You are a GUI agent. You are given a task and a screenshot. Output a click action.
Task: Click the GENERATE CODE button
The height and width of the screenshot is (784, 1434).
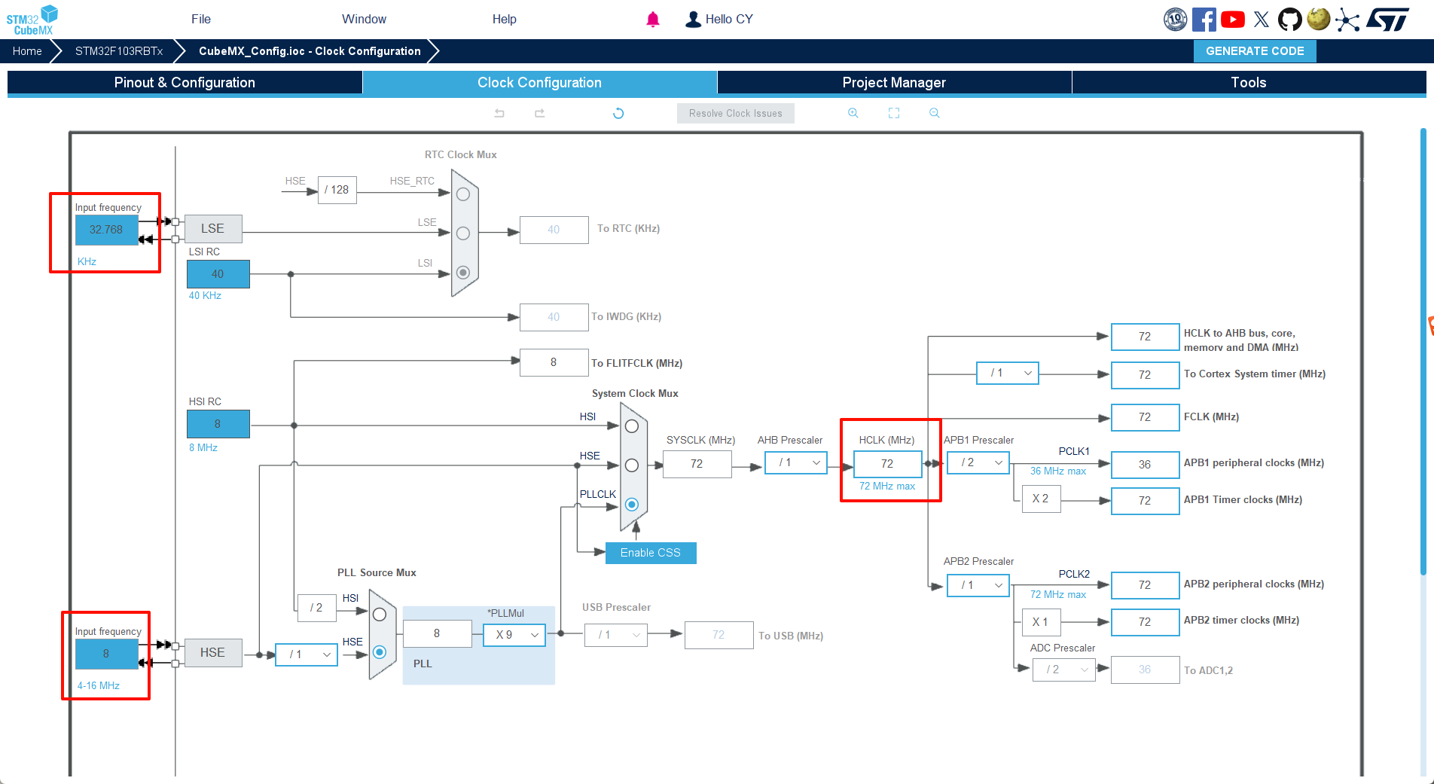(x=1254, y=51)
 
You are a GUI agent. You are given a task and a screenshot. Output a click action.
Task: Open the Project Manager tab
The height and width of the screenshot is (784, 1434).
(x=893, y=83)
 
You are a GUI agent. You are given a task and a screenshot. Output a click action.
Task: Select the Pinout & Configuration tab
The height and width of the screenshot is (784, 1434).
(x=185, y=83)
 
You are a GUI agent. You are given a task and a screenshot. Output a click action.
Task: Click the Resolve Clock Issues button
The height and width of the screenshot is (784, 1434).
(x=735, y=114)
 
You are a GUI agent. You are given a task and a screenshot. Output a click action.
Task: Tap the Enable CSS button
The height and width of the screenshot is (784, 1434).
(x=650, y=553)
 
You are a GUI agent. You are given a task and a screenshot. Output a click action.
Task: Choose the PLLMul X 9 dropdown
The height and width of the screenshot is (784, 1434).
(x=514, y=635)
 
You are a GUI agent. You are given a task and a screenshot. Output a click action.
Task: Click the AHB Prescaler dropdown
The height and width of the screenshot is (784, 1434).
(x=795, y=462)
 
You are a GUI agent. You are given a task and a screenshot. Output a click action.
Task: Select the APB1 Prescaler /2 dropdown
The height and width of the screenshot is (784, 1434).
(x=978, y=462)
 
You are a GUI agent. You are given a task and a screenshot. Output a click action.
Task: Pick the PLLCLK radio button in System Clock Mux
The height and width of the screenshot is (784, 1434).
(x=632, y=505)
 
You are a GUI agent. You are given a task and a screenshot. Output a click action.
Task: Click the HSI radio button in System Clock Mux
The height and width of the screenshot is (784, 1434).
(x=632, y=426)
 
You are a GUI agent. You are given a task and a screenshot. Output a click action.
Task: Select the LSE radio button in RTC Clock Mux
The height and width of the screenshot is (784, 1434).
(x=463, y=233)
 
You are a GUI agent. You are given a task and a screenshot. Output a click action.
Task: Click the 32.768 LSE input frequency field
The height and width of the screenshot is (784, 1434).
(x=106, y=230)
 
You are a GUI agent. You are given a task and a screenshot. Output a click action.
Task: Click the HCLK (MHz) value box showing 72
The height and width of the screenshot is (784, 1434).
(x=887, y=464)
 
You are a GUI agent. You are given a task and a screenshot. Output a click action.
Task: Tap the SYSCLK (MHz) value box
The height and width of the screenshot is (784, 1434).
(x=697, y=464)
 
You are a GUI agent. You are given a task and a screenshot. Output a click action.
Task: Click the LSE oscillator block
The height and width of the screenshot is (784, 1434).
(x=212, y=229)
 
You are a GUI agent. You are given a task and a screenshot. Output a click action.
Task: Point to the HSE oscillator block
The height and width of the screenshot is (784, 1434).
(x=212, y=653)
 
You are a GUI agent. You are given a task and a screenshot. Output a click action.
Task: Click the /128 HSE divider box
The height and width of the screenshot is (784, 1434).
(x=337, y=190)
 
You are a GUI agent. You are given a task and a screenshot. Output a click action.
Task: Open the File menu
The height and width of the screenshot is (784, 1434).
(x=201, y=20)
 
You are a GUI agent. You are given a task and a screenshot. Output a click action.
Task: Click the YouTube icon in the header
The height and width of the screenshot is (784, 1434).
(x=1232, y=20)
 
